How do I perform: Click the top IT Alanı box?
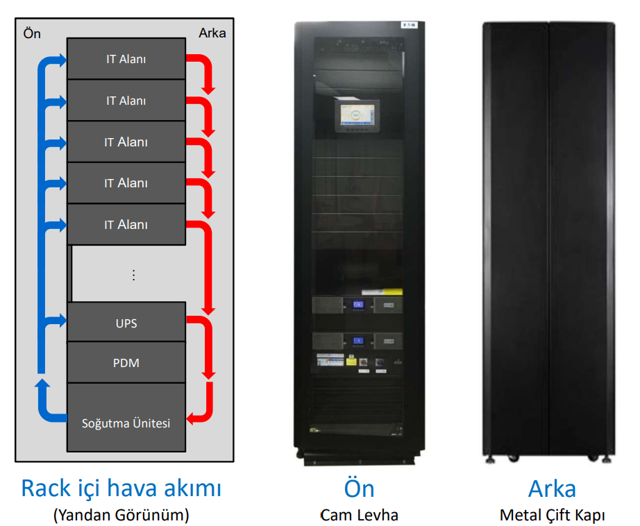click(x=126, y=59)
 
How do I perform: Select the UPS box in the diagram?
click(x=126, y=323)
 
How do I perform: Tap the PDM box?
click(x=126, y=362)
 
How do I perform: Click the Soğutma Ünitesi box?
click(x=126, y=423)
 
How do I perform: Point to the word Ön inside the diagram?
click(x=32, y=33)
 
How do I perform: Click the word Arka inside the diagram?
click(x=212, y=33)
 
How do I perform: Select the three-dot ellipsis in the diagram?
click(x=133, y=275)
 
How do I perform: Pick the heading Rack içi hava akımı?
click(x=121, y=488)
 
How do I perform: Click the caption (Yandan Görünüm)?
click(x=121, y=515)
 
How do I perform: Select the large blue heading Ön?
click(x=359, y=488)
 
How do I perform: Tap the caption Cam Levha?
click(x=359, y=515)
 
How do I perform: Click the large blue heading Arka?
click(x=552, y=488)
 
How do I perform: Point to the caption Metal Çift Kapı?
click(x=552, y=515)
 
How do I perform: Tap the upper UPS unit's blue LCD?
click(x=359, y=305)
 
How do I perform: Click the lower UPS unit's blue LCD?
click(x=359, y=341)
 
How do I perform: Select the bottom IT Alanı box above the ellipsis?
click(x=126, y=225)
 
